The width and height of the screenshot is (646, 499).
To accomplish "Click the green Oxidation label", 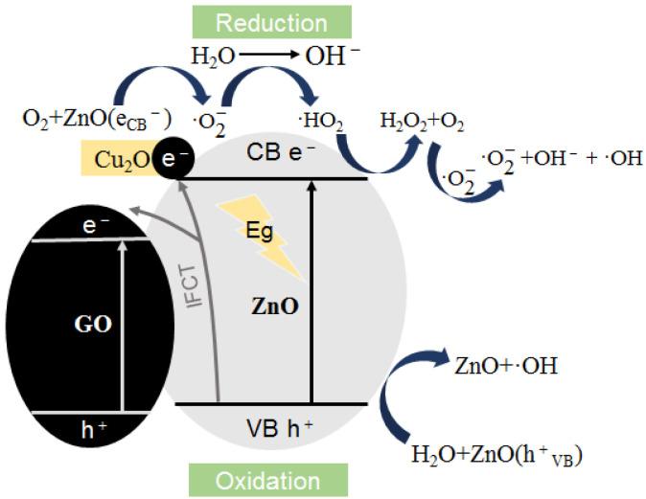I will coord(267,478).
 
